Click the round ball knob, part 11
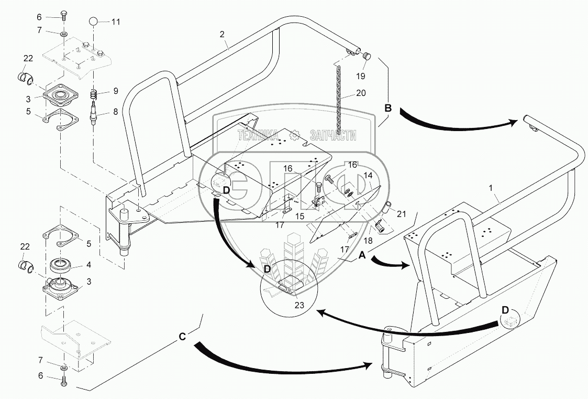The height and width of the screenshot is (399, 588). tap(94, 21)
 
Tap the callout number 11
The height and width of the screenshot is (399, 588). tap(116, 22)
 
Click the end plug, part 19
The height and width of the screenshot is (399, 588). tap(367, 57)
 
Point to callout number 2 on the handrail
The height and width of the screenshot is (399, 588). tap(222, 35)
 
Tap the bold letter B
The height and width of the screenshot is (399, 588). tap(388, 108)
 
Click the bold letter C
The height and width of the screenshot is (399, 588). tap(182, 337)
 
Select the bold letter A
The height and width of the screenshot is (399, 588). tap(362, 255)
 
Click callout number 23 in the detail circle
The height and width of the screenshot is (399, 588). tap(299, 305)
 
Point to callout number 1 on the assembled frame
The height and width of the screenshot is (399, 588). tap(491, 188)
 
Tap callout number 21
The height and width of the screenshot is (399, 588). tap(402, 214)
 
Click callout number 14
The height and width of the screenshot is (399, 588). tap(368, 175)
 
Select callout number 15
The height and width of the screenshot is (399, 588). tap(299, 216)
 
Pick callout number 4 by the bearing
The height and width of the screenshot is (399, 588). tap(88, 265)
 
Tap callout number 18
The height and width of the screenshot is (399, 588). tap(368, 241)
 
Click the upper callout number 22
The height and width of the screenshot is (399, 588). tap(28, 58)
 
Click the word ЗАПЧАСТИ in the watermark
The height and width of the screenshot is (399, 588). tap(333, 135)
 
